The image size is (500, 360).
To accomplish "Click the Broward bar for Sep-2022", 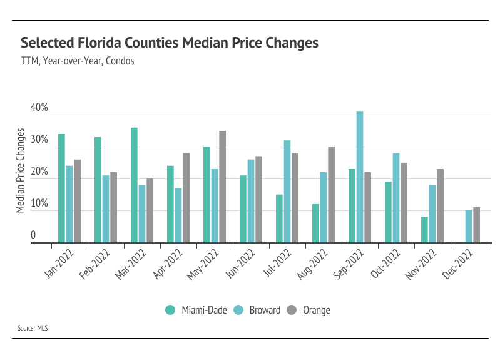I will tap(360, 177).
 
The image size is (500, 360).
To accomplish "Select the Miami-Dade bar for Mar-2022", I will tap(134, 185).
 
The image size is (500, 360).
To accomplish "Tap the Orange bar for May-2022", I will tap(222, 187).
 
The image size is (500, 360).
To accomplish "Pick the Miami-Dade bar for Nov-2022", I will tap(424, 229).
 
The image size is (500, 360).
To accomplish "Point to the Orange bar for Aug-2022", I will tap(331, 194).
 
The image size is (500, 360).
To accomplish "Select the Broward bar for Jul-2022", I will tap(287, 191).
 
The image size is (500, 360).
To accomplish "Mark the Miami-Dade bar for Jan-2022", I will tap(61, 188).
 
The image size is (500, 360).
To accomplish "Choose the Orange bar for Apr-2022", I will tap(186, 197).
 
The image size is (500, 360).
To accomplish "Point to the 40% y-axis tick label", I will tap(39, 108).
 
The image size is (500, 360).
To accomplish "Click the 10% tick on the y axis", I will tap(39, 203).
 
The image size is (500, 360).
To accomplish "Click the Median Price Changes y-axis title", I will tap(21, 170).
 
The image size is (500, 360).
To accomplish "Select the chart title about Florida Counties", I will tap(170, 43).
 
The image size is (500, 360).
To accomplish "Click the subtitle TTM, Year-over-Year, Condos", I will tap(78, 62).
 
